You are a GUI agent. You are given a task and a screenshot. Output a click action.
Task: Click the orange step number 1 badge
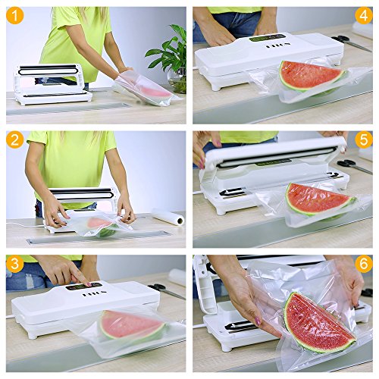coord(15,15)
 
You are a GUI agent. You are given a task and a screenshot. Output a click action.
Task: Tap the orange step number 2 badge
coord(15,139)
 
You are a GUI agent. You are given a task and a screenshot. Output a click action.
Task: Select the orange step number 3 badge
coord(15,264)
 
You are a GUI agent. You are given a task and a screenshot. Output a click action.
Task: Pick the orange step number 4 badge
coord(364,15)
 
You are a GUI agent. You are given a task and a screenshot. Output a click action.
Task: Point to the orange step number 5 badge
coord(364,139)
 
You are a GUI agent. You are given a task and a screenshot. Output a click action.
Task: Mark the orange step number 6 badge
coord(364,264)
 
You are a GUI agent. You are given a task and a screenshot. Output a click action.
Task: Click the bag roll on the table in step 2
coord(168,217)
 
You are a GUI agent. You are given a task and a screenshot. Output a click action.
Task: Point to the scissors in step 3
coord(165,290)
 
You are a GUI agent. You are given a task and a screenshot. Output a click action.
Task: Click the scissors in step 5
coord(355,165)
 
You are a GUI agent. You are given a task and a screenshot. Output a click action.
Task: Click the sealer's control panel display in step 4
coord(268,39)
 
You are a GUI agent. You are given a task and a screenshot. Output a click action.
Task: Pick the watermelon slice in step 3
coord(131,325)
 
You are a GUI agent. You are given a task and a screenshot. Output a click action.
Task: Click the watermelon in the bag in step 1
coord(154,92)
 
